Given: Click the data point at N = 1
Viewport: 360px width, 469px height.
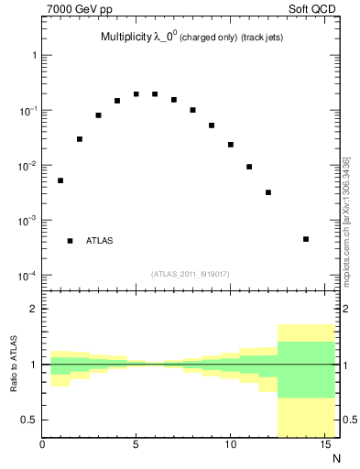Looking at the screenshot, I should tap(60, 180).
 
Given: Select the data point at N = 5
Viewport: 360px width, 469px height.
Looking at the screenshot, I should tap(136, 93).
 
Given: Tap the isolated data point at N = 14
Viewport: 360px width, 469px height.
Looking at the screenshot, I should tap(306, 239).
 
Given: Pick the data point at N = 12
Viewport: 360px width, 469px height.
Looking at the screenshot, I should tap(268, 192).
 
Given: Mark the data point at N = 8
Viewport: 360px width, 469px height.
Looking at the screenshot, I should tap(193, 110).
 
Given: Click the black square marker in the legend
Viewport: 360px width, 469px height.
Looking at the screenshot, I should tap(70, 241).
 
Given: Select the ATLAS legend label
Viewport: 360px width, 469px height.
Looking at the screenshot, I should tap(100, 241).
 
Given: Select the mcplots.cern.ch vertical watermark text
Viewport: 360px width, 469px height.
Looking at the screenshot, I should tap(345, 220).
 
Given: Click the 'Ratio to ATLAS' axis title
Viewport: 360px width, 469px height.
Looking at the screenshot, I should tap(13, 364).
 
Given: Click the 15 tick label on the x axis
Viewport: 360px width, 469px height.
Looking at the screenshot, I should tap(324, 446).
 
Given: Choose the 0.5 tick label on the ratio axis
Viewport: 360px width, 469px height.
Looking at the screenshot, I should tap(28, 420).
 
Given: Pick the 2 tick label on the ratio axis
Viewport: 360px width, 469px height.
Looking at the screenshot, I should tap(33, 310).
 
